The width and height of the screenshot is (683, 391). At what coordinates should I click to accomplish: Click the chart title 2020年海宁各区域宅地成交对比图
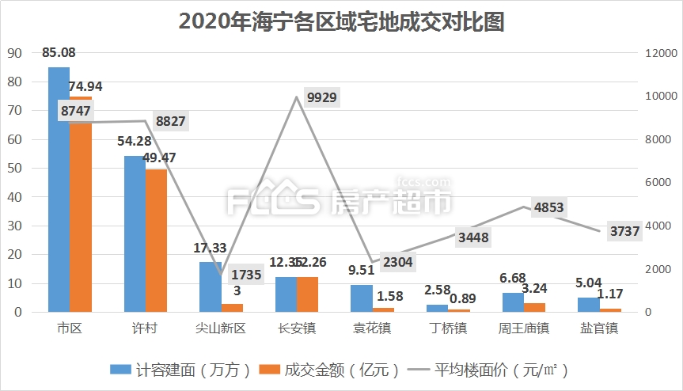(341, 21)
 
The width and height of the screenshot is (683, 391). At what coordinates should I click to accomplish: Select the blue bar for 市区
(59, 190)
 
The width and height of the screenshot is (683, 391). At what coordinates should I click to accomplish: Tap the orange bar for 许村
(156, 241)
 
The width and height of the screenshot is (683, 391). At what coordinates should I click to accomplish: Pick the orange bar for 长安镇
(307, 294)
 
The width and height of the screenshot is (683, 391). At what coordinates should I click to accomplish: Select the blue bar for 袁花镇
(361, 298)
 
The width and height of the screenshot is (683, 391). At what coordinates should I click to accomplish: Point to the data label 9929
(321, 98)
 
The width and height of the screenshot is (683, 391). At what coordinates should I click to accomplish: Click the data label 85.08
(60, 53)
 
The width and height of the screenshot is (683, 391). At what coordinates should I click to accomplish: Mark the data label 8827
(171, 121)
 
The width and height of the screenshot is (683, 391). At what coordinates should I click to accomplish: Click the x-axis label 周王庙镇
(523, 328)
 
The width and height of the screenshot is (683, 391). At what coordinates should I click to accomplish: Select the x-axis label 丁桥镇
(448, 328)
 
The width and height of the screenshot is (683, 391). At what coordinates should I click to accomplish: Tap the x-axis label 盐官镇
(599, 328)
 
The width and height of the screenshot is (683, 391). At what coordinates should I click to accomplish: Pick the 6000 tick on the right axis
(657, 183)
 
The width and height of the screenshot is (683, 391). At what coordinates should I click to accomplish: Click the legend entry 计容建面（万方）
(181, 370)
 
